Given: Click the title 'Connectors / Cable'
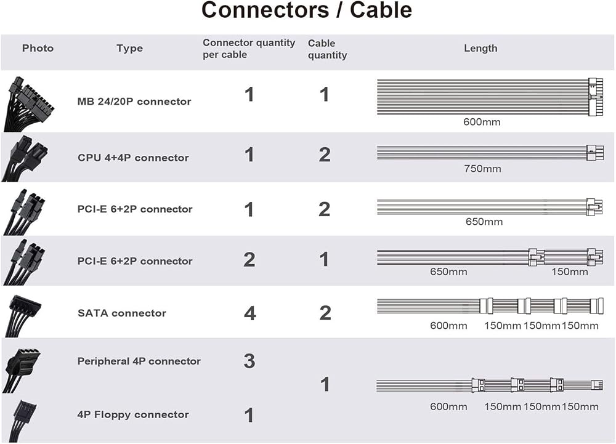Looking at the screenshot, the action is tap(306, 10).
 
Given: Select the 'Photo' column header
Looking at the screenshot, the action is tap(38, 48).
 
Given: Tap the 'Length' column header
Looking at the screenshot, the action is tap(480, 48).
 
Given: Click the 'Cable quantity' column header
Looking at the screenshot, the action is tap(327, 49).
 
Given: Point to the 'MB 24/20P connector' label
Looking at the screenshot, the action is tap(134, 102).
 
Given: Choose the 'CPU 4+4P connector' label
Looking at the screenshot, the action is tap(133, 158).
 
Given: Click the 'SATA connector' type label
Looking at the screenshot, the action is tap(122, 313).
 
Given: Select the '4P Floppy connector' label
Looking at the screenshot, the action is tap(133, 414).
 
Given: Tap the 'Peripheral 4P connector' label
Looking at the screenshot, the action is tap(139, 361).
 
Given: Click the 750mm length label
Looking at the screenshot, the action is tap(482, 169).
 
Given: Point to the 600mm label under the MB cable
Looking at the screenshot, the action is tap(482, 122).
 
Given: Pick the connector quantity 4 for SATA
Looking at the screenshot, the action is tap(250, 313).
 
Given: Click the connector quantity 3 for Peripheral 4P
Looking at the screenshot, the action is tap(249, 361).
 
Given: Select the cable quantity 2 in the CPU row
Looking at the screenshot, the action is tap(325, 155).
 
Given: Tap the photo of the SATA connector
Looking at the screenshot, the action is tap(23, 316).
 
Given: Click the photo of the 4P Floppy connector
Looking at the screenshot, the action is tap(22, 419).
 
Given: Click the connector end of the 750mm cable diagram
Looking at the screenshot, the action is tap(595, 153).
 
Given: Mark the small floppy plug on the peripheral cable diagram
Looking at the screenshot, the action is tap(597, 385).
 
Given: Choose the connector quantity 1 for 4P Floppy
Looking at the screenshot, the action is tap(249, 415).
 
